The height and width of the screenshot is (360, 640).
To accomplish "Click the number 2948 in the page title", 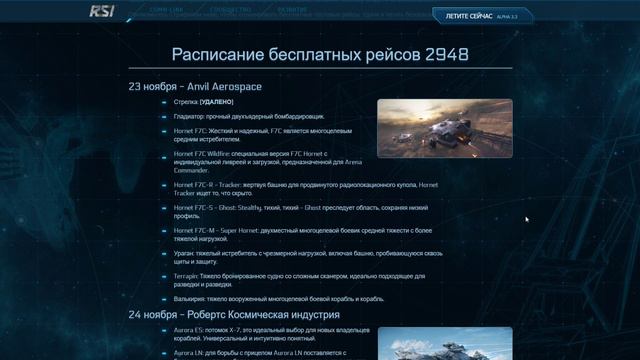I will click(x=447, y=53).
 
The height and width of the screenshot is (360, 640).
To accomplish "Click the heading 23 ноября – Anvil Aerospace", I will click(x=195, y=87).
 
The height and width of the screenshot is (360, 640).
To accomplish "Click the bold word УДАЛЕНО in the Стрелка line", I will click(x=217, y=102).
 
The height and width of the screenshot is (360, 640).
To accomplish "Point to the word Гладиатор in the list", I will click(x=191, y=117).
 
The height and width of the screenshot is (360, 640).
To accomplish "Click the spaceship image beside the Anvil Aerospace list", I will click(x=444, y=128).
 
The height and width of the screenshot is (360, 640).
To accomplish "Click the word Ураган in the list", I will click(x=187, y=254).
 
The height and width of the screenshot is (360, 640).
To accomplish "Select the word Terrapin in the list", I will click(x=189, y=276).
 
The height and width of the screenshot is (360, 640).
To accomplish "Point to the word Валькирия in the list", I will click(x=192, y=299).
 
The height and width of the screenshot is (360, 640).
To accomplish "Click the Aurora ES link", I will click(x=191, y=329).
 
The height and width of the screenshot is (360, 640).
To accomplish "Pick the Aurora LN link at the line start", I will click(x=191, y=351).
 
